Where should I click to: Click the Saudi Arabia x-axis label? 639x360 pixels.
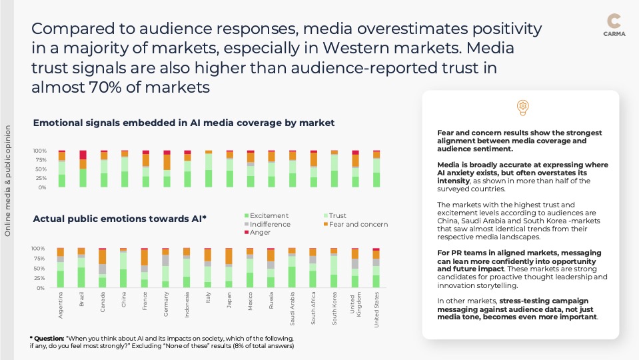293,307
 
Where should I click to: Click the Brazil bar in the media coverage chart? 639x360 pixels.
83,169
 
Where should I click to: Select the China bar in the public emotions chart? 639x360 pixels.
123,268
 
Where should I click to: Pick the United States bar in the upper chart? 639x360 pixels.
376,169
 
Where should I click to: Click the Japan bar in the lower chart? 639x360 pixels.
229,268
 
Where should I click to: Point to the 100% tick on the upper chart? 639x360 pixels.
41,151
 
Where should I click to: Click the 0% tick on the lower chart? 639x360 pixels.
41,288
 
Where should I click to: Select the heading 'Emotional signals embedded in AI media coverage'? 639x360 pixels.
183,123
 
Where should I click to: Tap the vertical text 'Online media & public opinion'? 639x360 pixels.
8,181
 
